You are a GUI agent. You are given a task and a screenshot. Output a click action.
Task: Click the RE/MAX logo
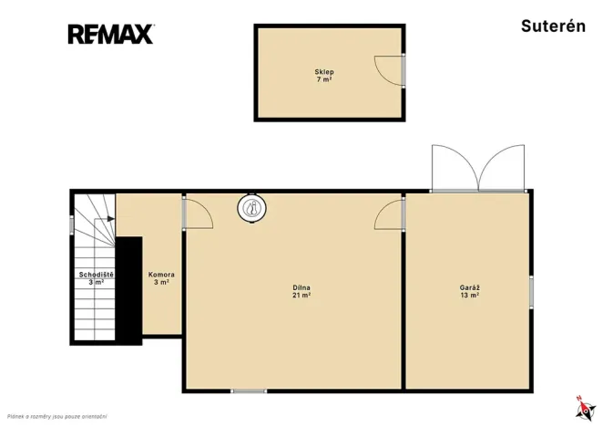(111, 34)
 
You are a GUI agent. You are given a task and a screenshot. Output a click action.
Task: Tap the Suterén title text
(553, 26)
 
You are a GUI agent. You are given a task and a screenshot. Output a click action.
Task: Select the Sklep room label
(324, 72)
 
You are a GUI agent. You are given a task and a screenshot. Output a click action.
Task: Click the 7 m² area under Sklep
(324, 79)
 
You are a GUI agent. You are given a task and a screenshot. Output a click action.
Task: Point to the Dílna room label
(301, 287)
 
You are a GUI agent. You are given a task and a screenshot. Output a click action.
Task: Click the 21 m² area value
(301, 296)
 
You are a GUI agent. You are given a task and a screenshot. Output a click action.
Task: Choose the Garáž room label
(469, 287)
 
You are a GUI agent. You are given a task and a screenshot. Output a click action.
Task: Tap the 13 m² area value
(469, 296)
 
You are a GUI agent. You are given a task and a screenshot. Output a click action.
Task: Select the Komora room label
(161, 275)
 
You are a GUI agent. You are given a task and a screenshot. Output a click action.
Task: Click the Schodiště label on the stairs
(97, 275)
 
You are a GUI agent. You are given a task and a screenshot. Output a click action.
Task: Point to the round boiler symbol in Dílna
(252, 208)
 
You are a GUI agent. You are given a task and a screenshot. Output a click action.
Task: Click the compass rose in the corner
(586, 409)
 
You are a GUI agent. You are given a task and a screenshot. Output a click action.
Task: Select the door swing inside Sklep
(389, 70)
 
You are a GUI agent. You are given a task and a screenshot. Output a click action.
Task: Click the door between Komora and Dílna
(198, 213)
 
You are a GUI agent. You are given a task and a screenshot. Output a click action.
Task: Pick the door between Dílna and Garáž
(389, 214)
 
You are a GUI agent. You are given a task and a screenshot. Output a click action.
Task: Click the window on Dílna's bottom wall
(249, 391)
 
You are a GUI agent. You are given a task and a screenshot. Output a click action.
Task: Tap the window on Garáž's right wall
(531, 292)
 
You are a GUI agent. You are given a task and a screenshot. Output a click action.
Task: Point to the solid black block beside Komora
(128, 291)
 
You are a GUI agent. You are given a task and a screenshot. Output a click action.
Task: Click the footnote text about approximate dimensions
(56, 417)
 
